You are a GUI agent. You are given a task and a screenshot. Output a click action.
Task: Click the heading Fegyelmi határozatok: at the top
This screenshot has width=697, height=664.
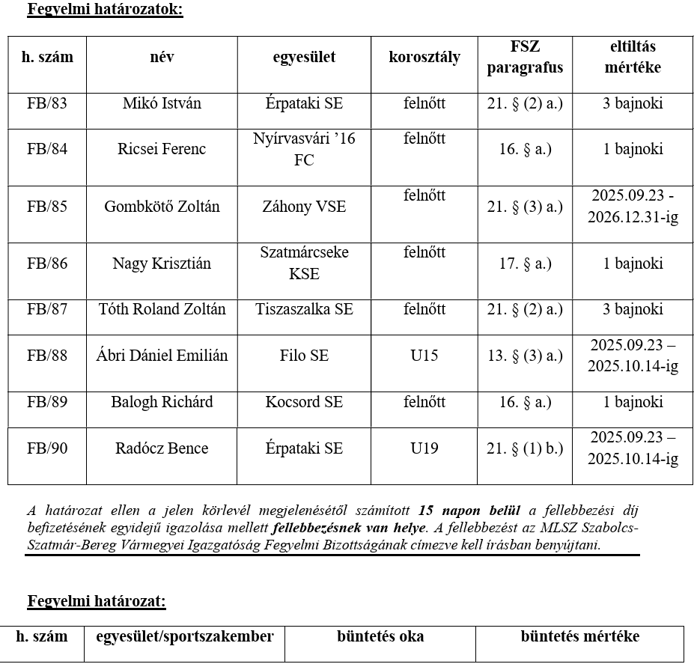pos(105,10)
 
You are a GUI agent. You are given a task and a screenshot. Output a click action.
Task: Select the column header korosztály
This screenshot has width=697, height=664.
pos(424,57)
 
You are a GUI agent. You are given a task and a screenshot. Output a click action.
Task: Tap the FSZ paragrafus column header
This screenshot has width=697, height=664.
pos(525,57)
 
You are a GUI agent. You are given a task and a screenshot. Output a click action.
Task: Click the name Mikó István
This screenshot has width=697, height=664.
pos(162,103)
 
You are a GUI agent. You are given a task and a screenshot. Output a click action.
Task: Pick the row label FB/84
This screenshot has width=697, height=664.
pos(47,149)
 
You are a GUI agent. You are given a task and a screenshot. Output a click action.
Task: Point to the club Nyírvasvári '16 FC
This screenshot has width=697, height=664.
pos(304,149)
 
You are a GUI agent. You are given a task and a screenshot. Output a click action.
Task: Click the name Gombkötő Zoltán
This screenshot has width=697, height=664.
pos(162,206)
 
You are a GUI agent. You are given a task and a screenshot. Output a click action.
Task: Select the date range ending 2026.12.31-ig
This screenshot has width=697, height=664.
pos(633,206)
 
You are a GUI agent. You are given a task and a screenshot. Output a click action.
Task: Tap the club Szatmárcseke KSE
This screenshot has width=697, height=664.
pos(304,263)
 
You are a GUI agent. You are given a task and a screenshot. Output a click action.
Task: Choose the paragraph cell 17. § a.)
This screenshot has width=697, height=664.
pos(525,264)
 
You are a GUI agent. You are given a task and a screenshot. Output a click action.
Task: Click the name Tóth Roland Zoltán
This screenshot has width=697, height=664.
pos(162,309)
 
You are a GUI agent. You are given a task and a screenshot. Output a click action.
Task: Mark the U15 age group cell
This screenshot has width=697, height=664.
pos(424,356)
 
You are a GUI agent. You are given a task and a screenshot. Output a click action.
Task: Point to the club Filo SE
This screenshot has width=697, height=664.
pos(304,356)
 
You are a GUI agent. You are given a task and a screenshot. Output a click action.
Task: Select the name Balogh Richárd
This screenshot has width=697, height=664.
pos(162,402)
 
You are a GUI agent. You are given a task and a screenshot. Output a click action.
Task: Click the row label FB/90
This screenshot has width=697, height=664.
pos(47,448)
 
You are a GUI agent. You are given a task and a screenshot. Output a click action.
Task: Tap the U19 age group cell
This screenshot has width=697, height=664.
pos(424,448)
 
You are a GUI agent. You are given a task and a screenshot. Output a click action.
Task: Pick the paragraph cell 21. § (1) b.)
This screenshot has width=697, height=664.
pos(525,448)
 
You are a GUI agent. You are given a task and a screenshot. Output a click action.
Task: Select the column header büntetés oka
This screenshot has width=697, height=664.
pos(380,637)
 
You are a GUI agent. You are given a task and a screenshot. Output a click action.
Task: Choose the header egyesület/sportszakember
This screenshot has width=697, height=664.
pos(185,637)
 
